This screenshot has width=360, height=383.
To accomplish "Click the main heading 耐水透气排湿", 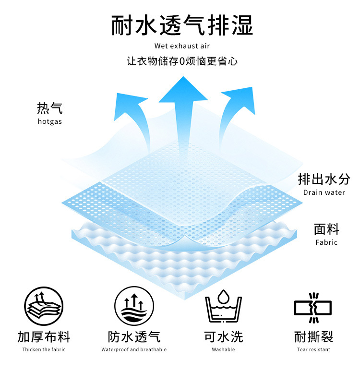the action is point(182,25).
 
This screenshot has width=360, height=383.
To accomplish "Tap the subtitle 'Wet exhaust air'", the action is point(182,46).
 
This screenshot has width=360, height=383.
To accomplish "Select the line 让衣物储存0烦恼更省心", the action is point(182,61).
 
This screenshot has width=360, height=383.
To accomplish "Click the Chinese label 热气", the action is point(49,108).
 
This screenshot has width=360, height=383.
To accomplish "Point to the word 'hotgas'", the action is point(49,121).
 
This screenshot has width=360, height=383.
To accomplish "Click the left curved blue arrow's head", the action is point(130,102).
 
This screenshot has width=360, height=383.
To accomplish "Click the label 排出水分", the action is point(324,179).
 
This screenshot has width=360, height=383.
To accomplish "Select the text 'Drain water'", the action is point(324,192).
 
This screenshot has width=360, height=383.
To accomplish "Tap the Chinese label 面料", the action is point(326,228).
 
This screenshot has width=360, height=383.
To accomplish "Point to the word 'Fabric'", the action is point(326,242).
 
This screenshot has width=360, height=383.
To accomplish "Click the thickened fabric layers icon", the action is point(44,306).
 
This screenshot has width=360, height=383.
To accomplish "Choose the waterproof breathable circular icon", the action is point(134,306).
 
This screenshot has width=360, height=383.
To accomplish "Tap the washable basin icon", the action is point(224,306).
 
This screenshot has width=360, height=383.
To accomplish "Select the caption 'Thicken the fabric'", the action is point(44,349).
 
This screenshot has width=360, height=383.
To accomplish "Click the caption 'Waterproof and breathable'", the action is point(134,349).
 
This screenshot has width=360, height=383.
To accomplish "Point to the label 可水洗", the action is point(224,336).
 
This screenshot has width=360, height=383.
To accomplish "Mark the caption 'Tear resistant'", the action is point(313,349).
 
